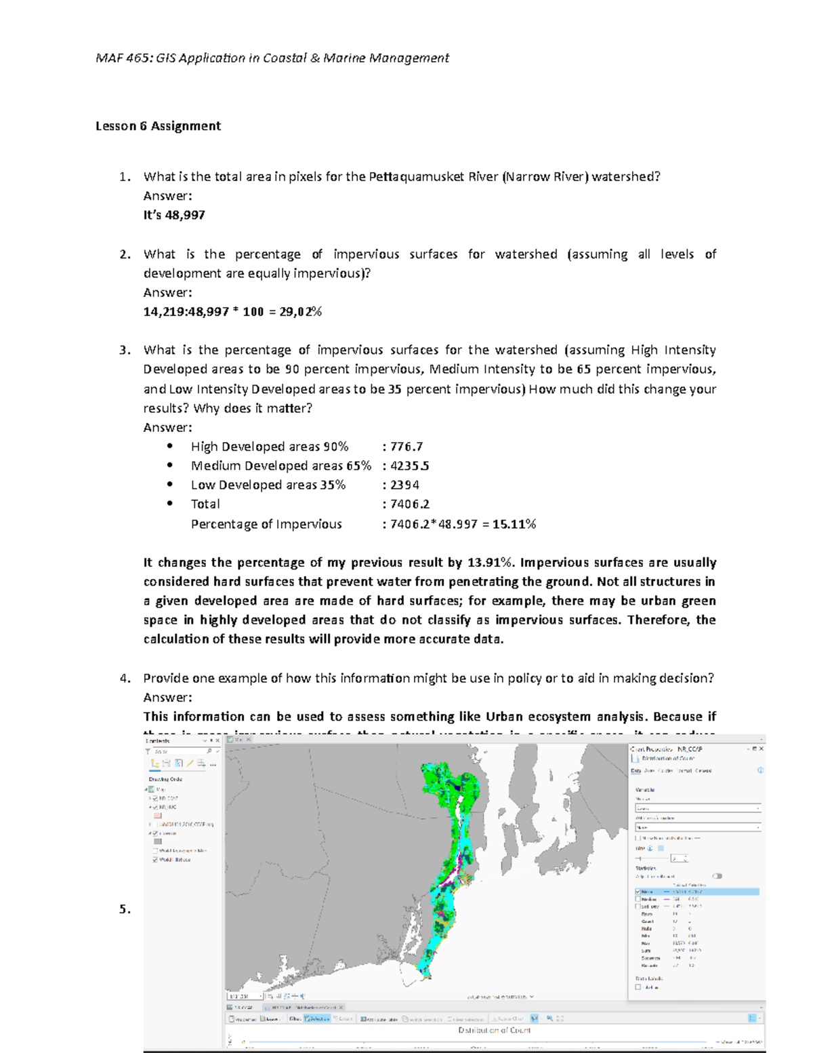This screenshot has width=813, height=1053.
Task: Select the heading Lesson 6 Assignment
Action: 158,126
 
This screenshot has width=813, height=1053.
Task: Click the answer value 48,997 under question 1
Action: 185,215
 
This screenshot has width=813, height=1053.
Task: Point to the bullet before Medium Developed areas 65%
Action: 170,466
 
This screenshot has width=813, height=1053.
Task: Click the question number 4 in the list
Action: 124,679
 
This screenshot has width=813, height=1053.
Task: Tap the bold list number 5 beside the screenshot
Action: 124,909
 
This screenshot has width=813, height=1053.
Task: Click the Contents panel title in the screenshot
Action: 158,741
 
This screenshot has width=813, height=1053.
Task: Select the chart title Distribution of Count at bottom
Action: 495,1030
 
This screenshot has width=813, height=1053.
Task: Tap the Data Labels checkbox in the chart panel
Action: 638,987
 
